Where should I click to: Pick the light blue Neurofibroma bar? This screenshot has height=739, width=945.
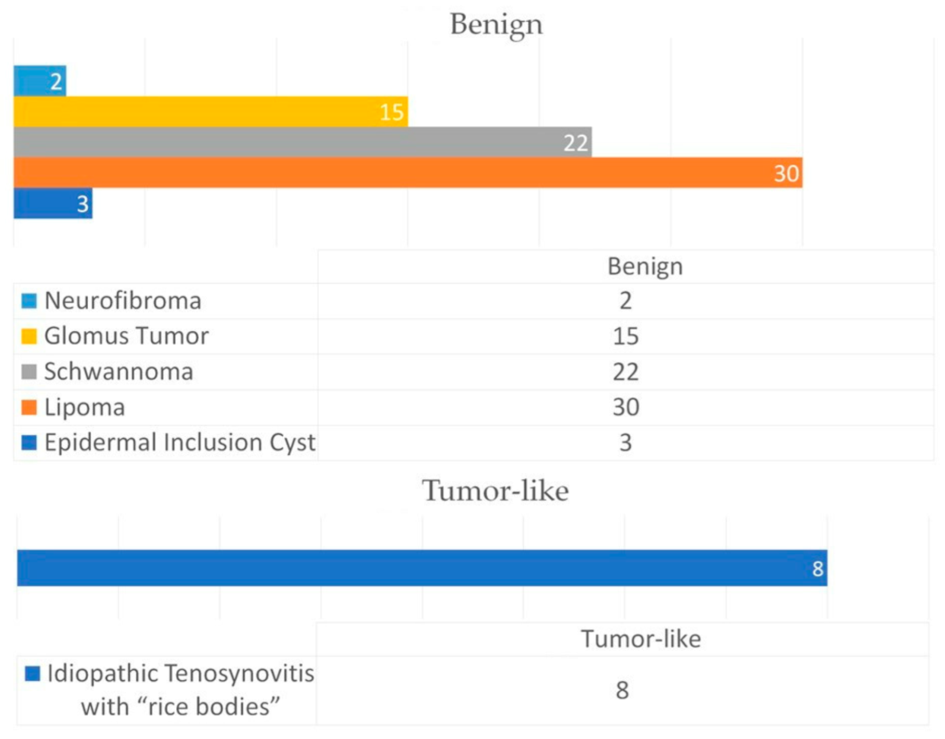31,81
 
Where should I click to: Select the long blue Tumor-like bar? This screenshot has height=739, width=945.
409,568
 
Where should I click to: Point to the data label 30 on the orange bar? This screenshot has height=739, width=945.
786,173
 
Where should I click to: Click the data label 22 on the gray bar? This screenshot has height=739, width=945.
576,143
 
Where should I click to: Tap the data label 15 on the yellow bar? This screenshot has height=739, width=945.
392,112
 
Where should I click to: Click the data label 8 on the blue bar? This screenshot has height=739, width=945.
818,569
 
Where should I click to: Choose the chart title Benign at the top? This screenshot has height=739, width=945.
496,24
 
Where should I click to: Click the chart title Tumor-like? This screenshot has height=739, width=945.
495,491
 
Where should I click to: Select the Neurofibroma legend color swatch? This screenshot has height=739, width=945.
29,301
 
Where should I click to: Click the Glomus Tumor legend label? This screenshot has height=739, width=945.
126,336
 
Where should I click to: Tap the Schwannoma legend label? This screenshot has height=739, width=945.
119,372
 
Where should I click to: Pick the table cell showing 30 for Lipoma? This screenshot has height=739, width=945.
626,407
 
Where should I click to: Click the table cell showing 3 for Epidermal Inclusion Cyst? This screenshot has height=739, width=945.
626,442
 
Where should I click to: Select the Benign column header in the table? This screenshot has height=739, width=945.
645,266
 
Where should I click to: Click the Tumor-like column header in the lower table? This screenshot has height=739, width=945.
641,639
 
